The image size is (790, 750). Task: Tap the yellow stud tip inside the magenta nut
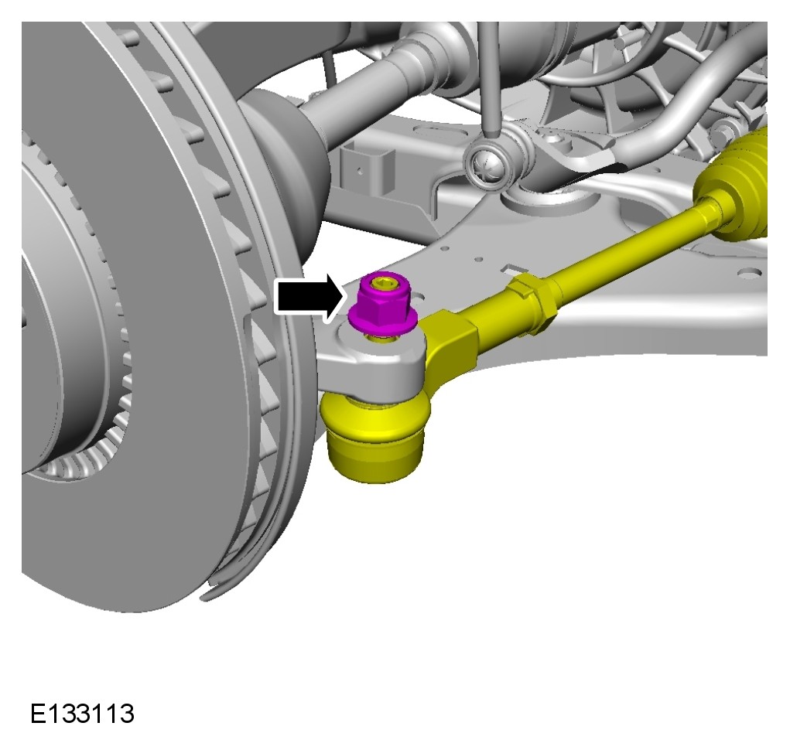tap(382, 284)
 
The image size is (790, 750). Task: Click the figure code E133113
tap(83, 714)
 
